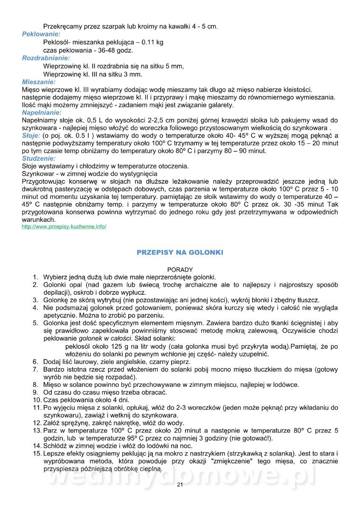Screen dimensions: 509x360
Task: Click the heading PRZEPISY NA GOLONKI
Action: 180,252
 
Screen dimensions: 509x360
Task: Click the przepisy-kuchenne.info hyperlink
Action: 64,227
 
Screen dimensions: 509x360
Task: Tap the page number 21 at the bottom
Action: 180,485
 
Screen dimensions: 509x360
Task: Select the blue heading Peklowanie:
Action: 41,34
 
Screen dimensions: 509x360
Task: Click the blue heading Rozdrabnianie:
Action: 46,58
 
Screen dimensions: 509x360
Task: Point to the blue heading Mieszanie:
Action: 39,81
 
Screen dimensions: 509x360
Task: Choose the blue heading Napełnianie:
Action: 42,113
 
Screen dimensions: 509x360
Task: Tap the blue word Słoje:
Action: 31,136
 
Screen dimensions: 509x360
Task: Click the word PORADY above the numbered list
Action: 180,269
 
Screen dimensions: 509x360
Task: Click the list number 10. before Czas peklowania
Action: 37,400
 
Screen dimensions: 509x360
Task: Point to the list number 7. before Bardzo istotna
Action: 37,369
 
